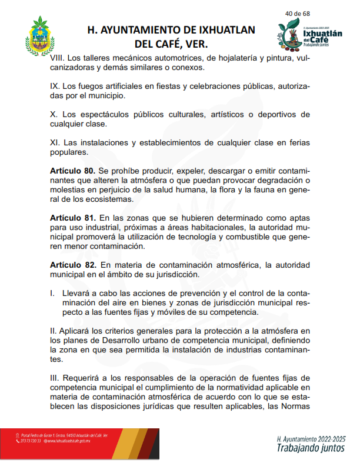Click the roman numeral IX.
[x=55, y=86]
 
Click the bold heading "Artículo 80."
[x=72, y=171]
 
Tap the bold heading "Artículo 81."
[x=72, y=218]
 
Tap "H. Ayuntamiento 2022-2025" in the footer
[x=311, y=439]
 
